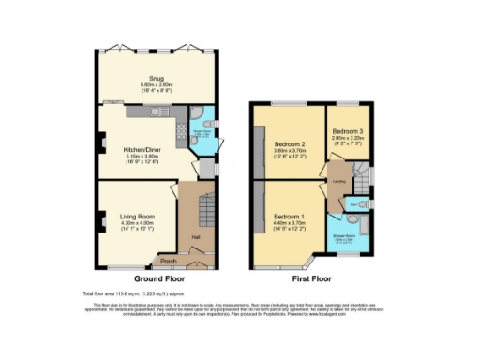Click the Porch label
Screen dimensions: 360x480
coord(169,261)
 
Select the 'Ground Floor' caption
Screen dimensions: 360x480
coord(158,278)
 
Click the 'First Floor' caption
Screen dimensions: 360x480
coord(310,278)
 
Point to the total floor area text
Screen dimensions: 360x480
coord(138,294)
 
